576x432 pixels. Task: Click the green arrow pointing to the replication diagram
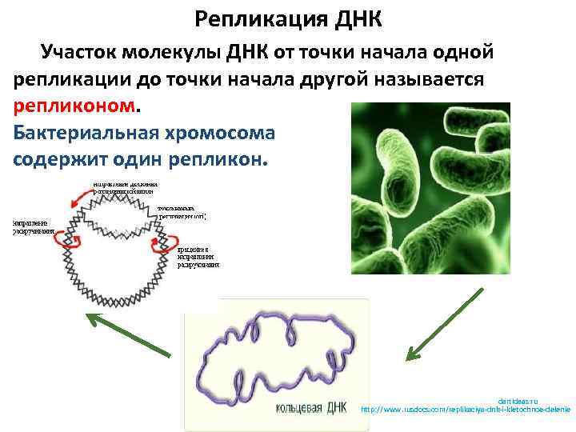[x=128, y=334]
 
